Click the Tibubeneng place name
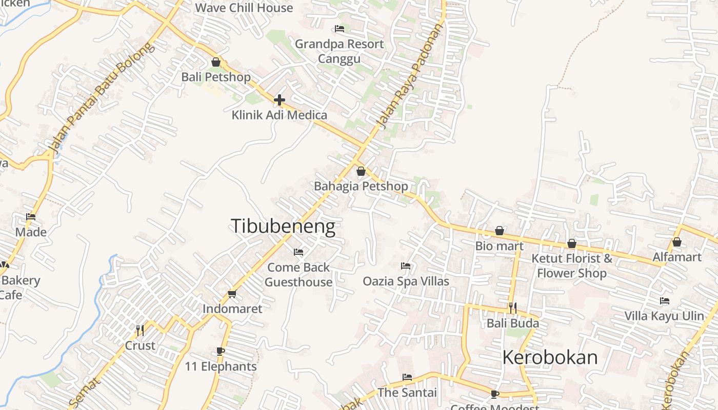[283, 226]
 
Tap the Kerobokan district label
[550, 357]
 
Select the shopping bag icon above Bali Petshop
[216, 62]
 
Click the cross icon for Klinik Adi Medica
[280, 99]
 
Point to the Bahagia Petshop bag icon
[361, 171]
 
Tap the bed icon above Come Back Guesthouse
[298, 252]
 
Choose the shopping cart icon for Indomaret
[232, 294]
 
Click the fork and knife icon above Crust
[139, 330]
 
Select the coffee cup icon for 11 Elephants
[221, 351]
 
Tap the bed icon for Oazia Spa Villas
[406, 266]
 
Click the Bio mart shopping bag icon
[499, 231]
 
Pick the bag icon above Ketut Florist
[571, 243]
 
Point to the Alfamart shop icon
[677, 242]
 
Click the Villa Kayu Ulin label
[664, 316]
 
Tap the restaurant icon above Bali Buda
[512, 308]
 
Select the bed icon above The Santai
[407, 377]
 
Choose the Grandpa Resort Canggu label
[339, 51]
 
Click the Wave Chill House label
[244, 8]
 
